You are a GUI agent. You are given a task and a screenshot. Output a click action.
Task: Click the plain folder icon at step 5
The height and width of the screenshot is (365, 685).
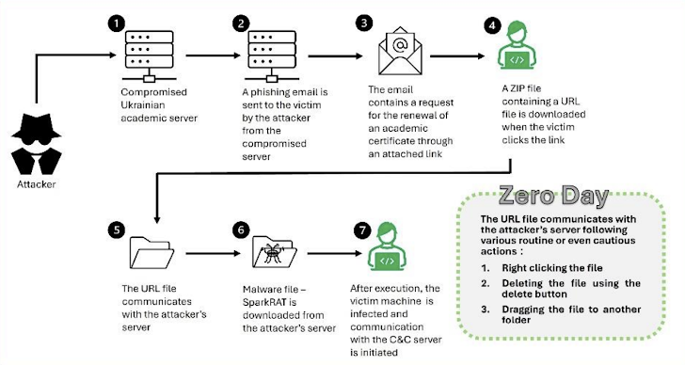click(x=151, y=255)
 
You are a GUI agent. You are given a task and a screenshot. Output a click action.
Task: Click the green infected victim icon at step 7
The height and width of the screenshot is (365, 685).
click(x=385, y=249)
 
